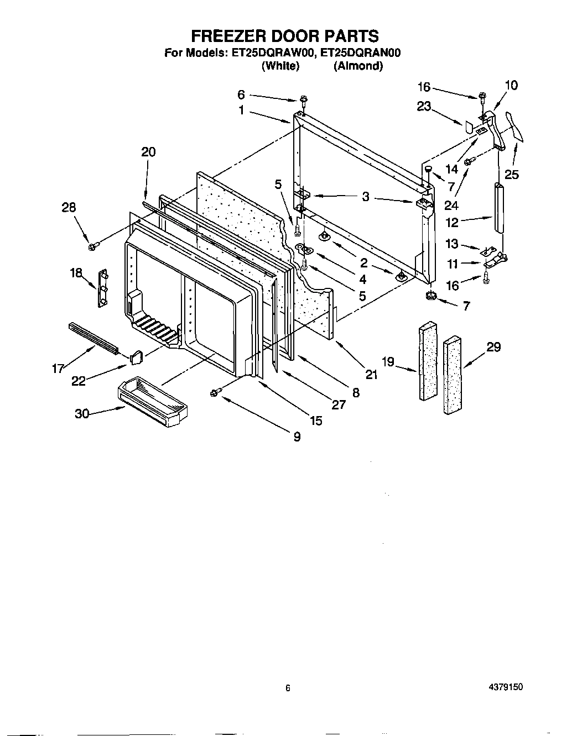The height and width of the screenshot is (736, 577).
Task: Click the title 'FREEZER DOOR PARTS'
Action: pyautogui.click(x=285, y=36)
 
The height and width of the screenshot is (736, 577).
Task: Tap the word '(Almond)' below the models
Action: pyautogui.click(x=357, y=66)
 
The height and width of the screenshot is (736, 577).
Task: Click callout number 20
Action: pyautogui.click(x=148, y=152)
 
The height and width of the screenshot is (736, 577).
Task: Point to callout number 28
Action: pyautogui.click(x=69, y=207)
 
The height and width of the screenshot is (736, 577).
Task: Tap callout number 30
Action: pyautogui.click(x=82, y=413)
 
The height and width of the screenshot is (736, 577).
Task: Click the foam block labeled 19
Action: pyautogui.click(x=427, y=362)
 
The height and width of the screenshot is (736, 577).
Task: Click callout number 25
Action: pyautogui.click(x=512, y=175)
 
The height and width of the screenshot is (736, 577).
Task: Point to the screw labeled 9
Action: pyautogui.click(x=215, y=392)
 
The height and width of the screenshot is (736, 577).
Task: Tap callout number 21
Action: pyautogui.click(x=371, y=375)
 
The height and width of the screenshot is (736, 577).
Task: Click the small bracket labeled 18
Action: pyautogui.click(x=103, y=287)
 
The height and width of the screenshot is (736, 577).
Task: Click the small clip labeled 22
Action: pyautogui.click(x=137, y=356)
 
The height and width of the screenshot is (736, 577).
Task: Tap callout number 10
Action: pyautogui.click(x=511, y=85)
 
